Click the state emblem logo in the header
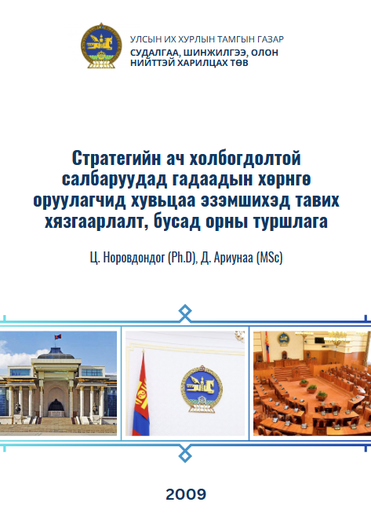pyautogui.click(x=101, y=46)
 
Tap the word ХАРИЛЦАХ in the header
pyautogui.click(x=204, y=63)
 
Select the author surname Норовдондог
pyautogui.click(x=134, y=258)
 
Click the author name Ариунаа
pyautogui.click(x=234, y=258)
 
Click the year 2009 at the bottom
pyautogui.click(x=186, y=494)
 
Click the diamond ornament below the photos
pyautogui.click(x=185, y=456)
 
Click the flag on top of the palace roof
pyautogui.click(x=58, y=336)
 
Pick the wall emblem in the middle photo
pyautogui.click(x=202, y=388)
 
